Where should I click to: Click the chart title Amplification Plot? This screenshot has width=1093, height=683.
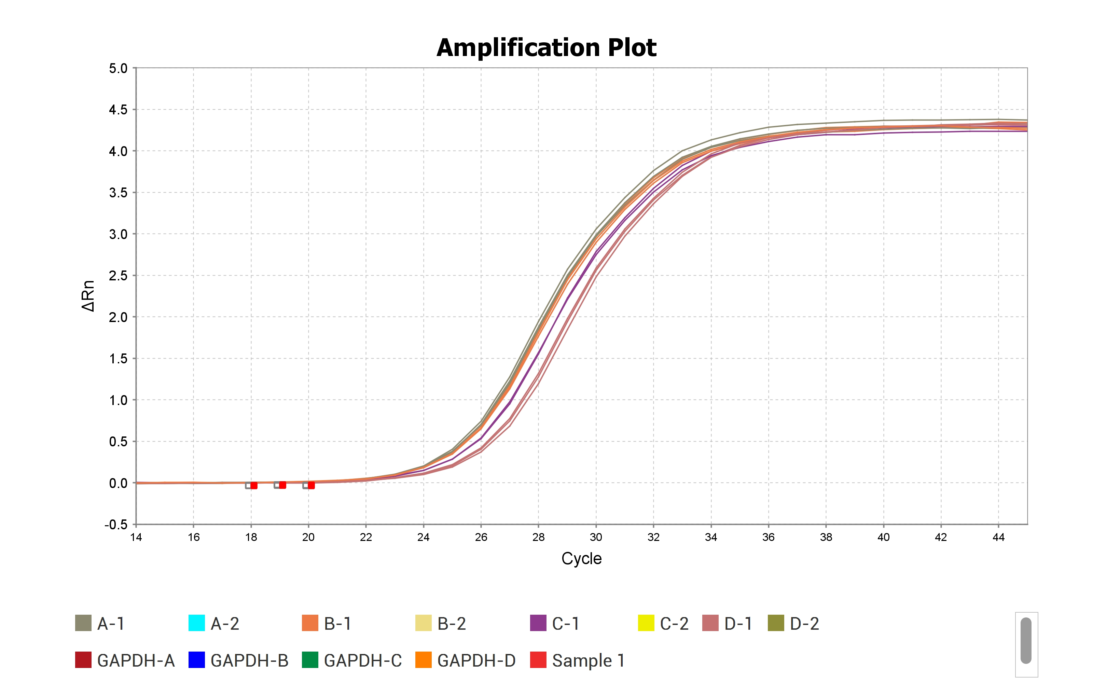click(x=546, y=47)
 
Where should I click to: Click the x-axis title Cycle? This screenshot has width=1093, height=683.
click(x=581, y=558)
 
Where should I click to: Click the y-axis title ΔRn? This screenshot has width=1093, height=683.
click(x=88, y=296)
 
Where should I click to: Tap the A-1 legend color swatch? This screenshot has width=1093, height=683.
click(x=83, y=623)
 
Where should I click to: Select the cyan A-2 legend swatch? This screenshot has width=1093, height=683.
click(x=196, y=623)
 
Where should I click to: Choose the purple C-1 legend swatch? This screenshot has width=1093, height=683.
click(x=538, y=623)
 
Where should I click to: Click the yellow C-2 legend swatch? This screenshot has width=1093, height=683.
click(x=646, y=623)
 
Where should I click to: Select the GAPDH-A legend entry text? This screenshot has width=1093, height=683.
click(x=136, y=660)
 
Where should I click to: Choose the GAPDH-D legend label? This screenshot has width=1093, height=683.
click(x=476, y=660)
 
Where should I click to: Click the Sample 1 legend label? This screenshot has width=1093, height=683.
click(x=588, y=660)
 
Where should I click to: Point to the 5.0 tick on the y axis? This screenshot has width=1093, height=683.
click(x=118, y=68)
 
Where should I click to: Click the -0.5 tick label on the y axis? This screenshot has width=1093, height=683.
click(x=116, y=525)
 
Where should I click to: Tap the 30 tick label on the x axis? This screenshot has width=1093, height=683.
click(x=596, y=537)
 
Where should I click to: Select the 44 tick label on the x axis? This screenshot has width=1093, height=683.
click(x=998, y=537)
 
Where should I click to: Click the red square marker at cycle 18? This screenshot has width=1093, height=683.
click(x=254, y=486)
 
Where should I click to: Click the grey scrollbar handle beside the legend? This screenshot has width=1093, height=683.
click(x=1026, y=641)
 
